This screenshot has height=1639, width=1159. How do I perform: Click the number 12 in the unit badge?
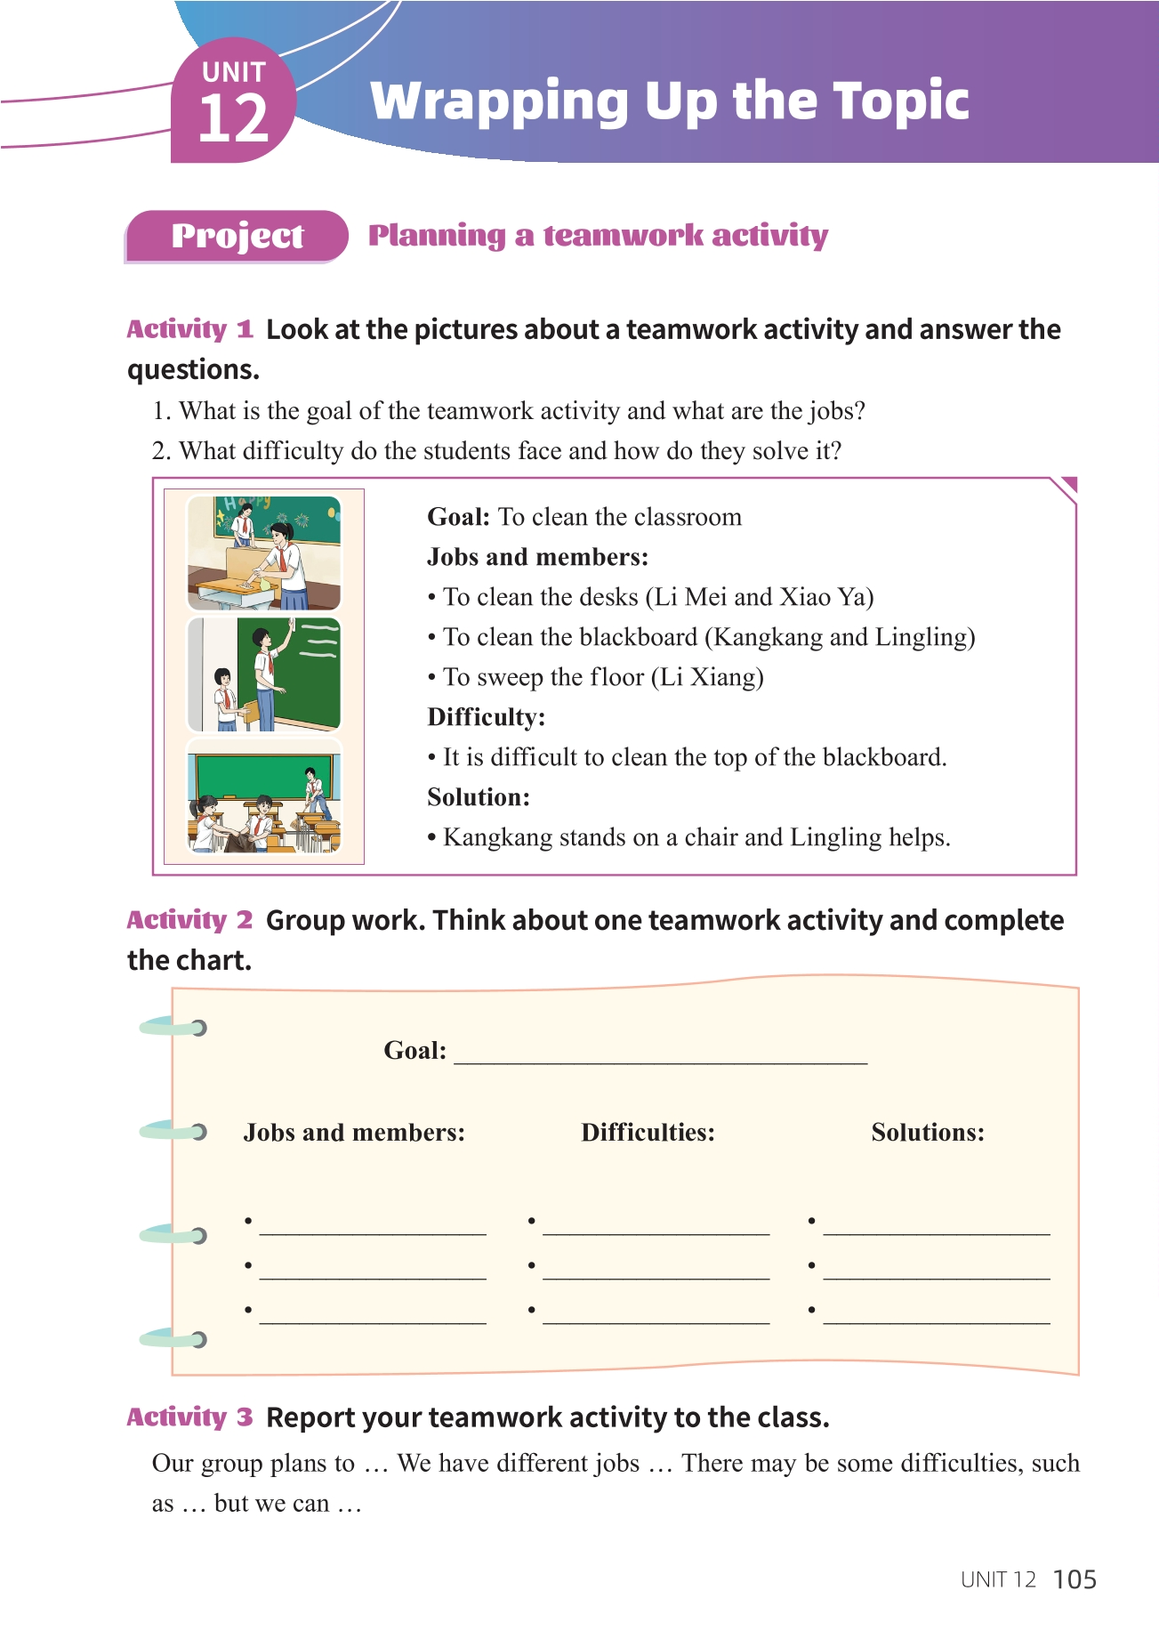click(233, 119)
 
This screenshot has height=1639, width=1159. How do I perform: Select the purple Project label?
click(237, 236)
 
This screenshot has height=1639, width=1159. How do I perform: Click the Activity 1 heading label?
click(189, 329)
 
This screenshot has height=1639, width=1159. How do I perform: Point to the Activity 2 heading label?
click(189, 920)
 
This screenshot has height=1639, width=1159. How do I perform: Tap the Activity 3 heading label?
click(189, 1417)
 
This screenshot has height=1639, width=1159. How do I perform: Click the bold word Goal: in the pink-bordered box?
click(458, 517)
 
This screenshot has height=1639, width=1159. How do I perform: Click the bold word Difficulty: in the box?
click(486, 717)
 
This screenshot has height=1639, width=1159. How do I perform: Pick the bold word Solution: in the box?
click(479, 797)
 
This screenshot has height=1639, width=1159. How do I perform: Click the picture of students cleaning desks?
click(263, 553)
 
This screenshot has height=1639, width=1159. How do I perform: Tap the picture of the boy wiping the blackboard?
click(263, 674)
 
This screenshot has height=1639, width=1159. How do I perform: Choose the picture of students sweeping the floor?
click(263, 797)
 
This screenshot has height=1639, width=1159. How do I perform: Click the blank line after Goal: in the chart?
click(660, 1055)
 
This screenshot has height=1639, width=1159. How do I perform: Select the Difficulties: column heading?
click(648, 1133)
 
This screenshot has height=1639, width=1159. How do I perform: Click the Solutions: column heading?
click(928, 1133)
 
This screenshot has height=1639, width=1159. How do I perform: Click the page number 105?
click(1074, 1579)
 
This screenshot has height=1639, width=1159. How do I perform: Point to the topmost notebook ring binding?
click(174, 1028)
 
